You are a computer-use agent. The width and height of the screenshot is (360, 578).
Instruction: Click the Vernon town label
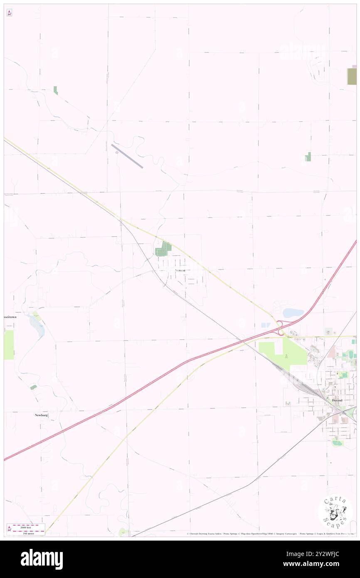(180, 270)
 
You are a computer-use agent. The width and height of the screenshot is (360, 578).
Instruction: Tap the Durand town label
(337, 400)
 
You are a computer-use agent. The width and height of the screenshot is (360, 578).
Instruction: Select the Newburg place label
(42, 415)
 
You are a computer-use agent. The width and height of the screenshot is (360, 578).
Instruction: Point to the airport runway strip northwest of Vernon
(127, 156)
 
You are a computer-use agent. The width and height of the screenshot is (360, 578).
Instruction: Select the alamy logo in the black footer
(42, 559)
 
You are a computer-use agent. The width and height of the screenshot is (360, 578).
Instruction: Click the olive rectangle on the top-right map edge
(352, 76)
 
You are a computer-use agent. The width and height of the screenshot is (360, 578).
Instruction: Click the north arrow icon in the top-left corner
(9, 12)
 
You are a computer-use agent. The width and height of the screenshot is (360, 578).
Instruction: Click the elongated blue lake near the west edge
(37, 326)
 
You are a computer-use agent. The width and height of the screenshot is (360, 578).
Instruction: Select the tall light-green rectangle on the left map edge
(9, 345)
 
